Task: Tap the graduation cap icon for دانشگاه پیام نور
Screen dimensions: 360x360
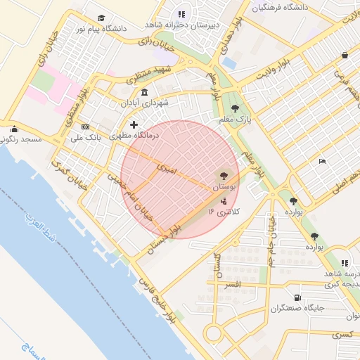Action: click(x=101, y=18)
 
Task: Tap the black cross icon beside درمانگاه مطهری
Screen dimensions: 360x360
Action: click(x=134, y=124)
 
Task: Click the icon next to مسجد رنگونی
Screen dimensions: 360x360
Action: click(x=15, y=129)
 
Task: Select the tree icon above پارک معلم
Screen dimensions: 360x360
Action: click(x=235, y=108)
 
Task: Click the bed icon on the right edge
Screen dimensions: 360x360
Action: click(x=322, y=162)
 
